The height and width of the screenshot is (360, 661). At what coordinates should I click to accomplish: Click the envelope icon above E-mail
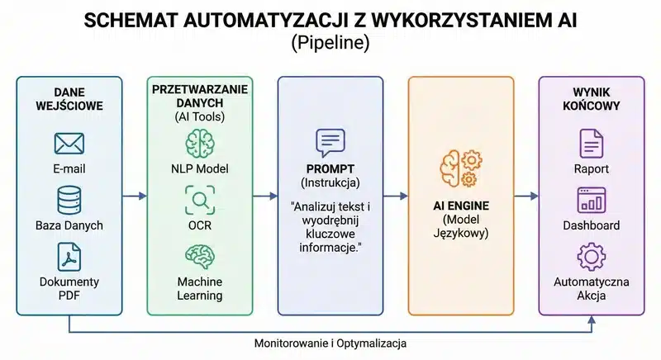[x=69, y=144]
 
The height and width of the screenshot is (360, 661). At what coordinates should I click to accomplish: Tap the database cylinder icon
[x=69, y=200]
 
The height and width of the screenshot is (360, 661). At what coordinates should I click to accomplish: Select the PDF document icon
[x=69, y=257]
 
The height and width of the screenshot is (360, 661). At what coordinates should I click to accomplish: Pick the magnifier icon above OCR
[x=199, y=200]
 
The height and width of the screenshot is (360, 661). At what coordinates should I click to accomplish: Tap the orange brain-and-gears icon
[x=459, y=168]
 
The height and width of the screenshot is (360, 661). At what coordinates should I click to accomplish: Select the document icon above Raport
[x=591, y=144]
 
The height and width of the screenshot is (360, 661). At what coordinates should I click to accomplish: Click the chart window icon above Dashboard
[x=591, y=200]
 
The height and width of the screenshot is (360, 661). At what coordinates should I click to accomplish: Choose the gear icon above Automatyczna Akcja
[x=591, y=257]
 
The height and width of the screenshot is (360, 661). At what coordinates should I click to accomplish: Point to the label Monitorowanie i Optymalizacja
[x=330, y=342]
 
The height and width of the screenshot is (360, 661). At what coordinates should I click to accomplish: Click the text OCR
[x=199, y=225]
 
